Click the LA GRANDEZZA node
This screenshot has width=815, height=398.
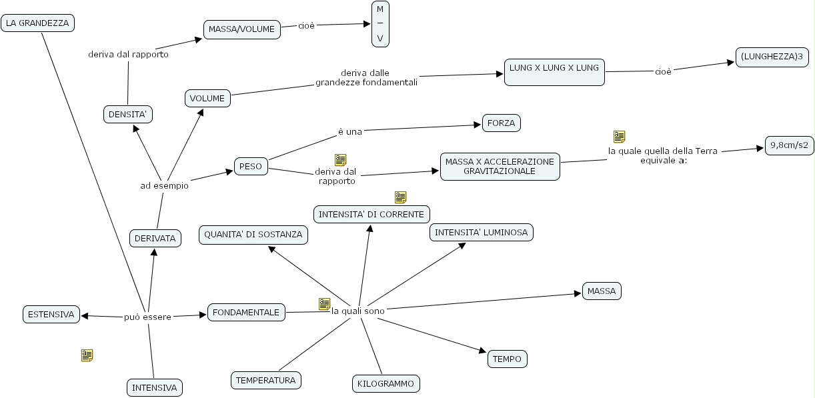37,23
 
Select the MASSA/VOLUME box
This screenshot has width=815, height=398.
241,29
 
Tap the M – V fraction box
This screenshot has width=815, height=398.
380,24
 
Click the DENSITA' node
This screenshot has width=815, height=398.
128,115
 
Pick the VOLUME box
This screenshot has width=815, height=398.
207,99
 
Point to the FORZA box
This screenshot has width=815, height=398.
501,123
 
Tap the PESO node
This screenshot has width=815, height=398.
251,167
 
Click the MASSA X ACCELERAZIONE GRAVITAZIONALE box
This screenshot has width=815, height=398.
500,166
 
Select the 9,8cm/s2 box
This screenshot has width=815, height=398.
789,145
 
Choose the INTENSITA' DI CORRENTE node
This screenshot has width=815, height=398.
371,214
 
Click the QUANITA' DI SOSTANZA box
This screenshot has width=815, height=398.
253,235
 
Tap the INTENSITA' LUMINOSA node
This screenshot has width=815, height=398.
482,232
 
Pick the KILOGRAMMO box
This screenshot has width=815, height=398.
386,383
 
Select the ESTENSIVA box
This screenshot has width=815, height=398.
51,314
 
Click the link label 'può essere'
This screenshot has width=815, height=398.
148,317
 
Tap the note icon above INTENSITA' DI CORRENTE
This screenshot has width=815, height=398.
400,197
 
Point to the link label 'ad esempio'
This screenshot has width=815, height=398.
164,185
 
